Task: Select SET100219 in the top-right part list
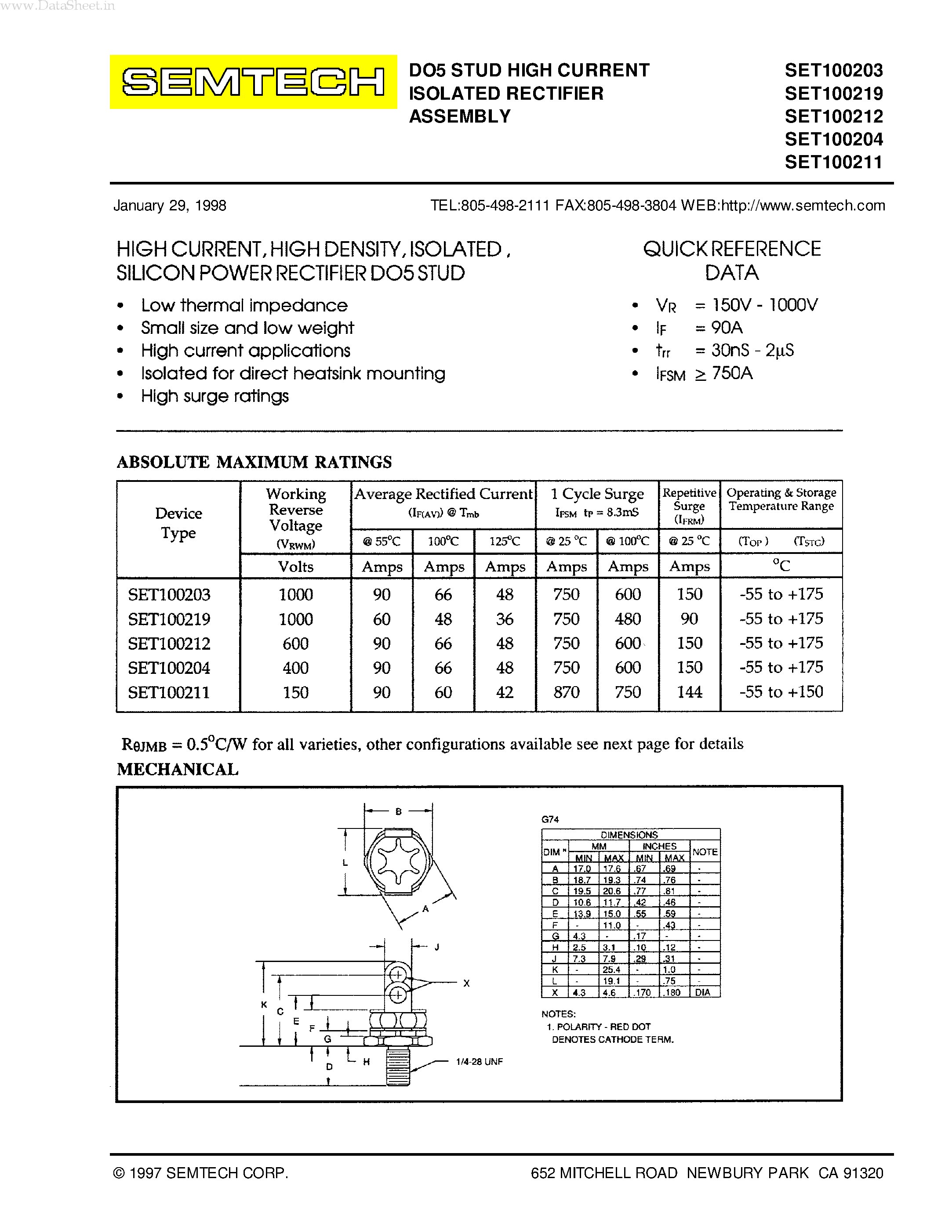click(833, 94)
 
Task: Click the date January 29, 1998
click(170, 206)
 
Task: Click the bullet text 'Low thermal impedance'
click(244, 305)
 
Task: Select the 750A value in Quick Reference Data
click(732, 373)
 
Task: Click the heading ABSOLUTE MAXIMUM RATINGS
click(254, 462)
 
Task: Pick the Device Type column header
click(178, 523)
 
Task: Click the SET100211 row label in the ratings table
click(169, 692)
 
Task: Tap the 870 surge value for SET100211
click(566, 692)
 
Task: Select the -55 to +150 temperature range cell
click(781, 692)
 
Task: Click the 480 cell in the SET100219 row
click(628, 619)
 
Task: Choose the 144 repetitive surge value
click(690, 692)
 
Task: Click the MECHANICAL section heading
click(178, 769)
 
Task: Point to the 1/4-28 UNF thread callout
click(479, 1061)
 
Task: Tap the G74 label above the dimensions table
click(550, 819)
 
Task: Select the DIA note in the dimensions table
click(703, 992)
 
